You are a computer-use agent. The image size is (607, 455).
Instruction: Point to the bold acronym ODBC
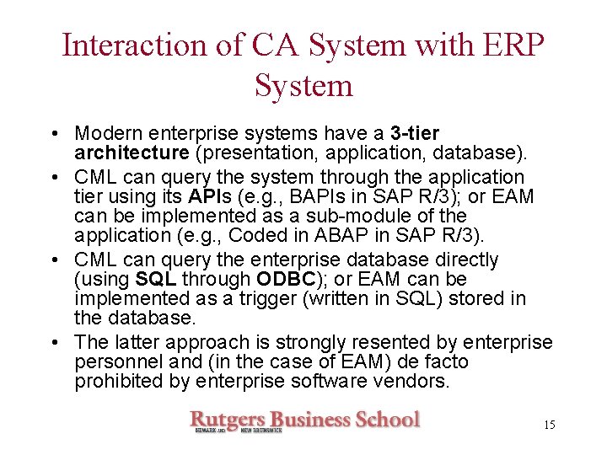tap(308, 279)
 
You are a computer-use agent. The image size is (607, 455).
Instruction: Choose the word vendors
tap(419, 381)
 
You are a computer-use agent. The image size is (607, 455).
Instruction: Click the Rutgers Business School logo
tap(303, 420)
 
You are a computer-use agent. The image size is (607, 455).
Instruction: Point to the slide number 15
tap(549, 425)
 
